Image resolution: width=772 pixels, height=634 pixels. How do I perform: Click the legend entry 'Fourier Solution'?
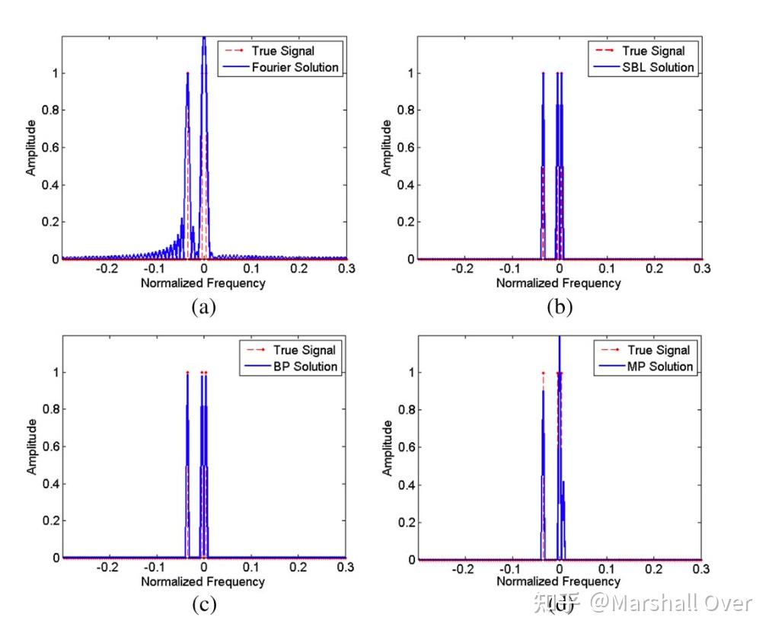pyautogui.click(x=295, y=67)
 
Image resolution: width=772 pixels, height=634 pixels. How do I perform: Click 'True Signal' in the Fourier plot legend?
pyautogui.click(x=282, y=51)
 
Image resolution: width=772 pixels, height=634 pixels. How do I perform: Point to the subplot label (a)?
pyautogui.click(x=203, y=307)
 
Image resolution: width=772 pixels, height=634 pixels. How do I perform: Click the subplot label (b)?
pyautogui.click(x=560, y=307)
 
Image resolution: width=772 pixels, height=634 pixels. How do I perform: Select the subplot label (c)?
pyautogui.click(x=203, y=605)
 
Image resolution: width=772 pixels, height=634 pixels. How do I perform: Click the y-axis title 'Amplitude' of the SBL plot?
pyautogui.click(x=387, y=148)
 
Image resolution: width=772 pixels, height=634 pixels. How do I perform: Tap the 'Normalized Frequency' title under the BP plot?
pyautogui.click(x=203, y=581)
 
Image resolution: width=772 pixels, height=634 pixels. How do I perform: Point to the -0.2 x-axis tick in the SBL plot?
pyautogui.click(x=463, y=269)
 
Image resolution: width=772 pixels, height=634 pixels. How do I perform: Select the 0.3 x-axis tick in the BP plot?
pyautogui.click(x=346, y=568)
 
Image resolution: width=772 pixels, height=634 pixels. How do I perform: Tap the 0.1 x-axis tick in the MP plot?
pyautogui.click(x=607, y=568)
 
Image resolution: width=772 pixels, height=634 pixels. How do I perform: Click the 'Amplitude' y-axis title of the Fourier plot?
pyautogui.click(x=31, y=148)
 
